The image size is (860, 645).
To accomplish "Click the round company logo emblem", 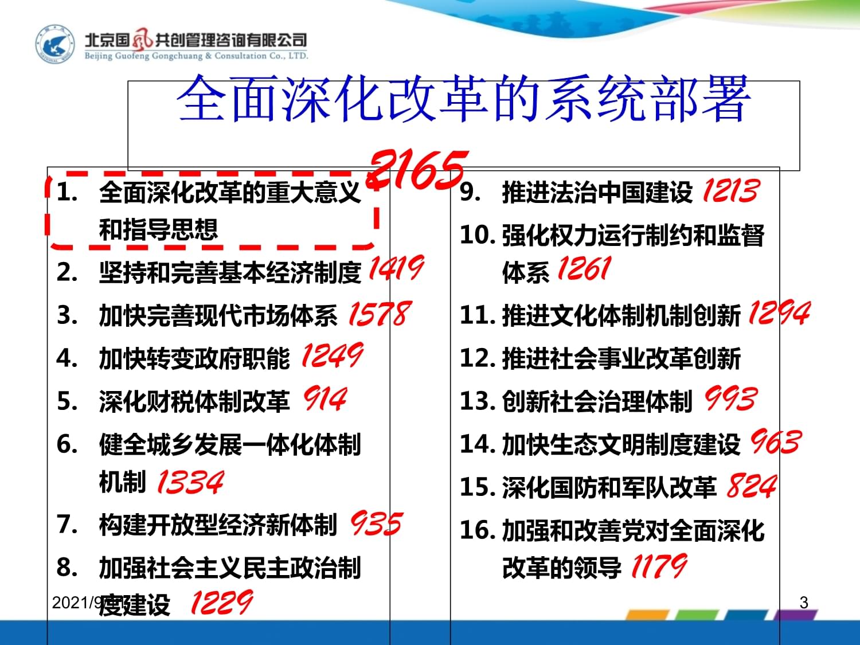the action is click(x=55, y=44).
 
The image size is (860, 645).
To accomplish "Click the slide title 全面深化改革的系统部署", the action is click(x=463, y=99).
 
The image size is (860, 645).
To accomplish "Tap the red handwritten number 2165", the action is click(x=417, y=170).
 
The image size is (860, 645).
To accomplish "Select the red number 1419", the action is click(x=397, y=268).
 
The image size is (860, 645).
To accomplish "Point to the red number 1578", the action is click(x=380, y=314).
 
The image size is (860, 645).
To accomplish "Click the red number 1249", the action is click(x=332, y=355).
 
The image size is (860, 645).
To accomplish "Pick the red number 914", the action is click(x=325, y=398).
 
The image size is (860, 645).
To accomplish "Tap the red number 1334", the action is click(x=190, y=481).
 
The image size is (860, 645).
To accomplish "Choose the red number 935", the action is click(x=376, y=523).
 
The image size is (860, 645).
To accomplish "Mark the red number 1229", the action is click(x=222, y=602).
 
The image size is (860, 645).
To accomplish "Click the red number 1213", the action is click(x=731, y=191).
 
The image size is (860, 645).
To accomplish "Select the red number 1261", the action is click(x=584, y=268).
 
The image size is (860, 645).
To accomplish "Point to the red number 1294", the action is click(x=779, y=313).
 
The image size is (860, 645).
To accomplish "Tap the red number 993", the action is click(x=730, y=398).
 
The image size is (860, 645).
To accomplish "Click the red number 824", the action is click(x=752, y=486).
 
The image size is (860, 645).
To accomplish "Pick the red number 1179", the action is click(x=659, y=566).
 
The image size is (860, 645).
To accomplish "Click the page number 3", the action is click(x=804, y=603).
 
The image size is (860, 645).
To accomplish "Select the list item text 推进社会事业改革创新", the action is click(x=621, y=358).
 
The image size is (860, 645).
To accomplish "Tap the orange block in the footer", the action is click(x=647, y=615).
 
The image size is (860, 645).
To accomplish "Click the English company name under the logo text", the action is click(x=196, y=56).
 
